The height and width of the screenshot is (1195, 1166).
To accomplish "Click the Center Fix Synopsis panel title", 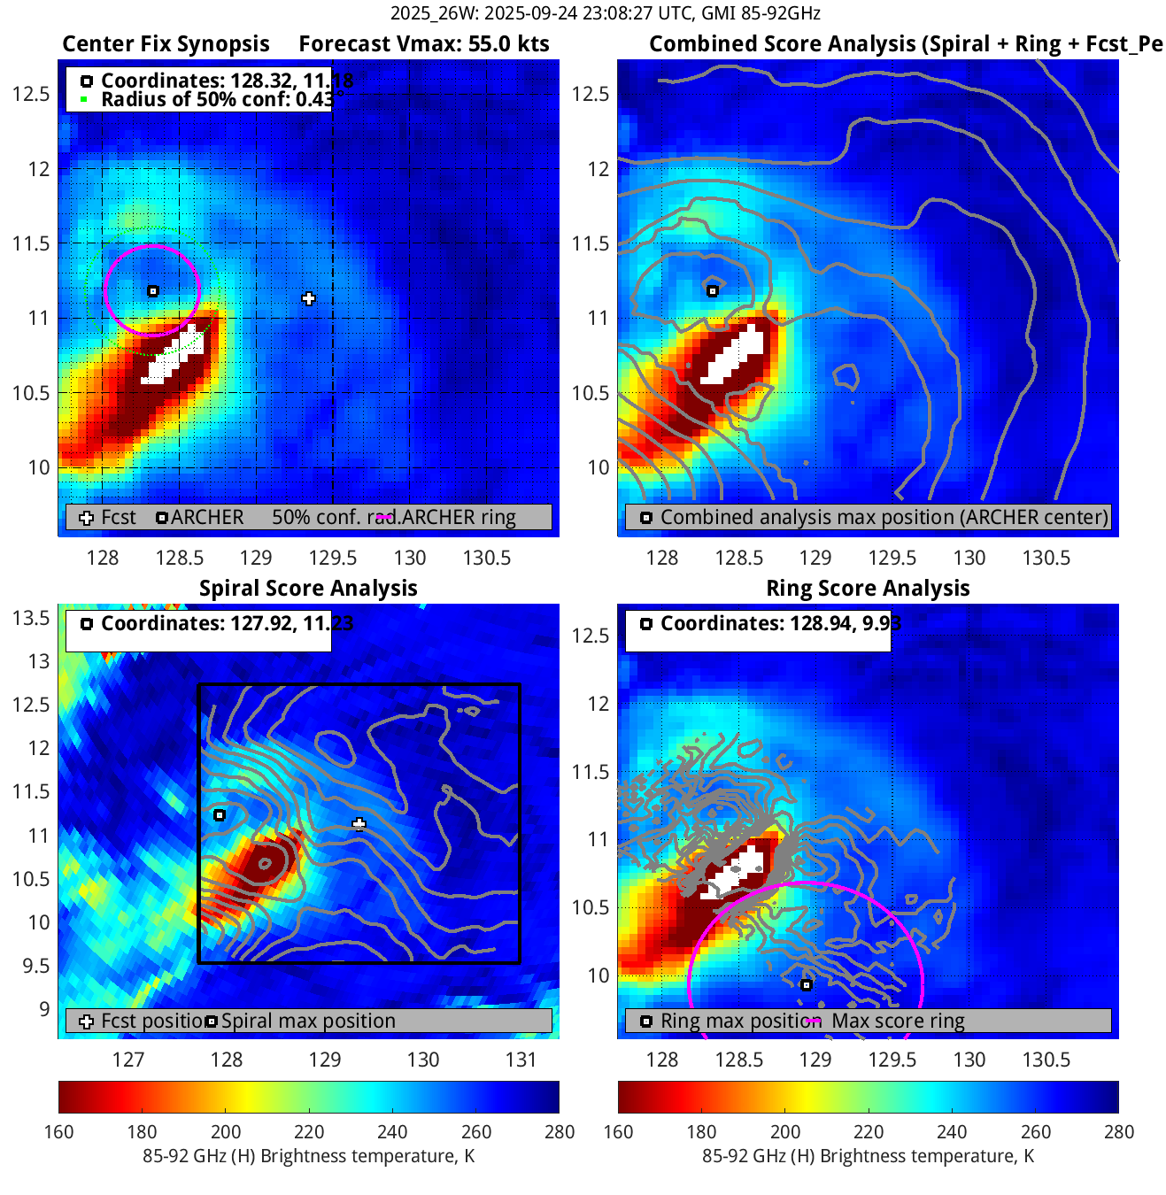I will (166, 44).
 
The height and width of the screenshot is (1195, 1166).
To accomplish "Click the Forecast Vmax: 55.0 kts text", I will (423, 44).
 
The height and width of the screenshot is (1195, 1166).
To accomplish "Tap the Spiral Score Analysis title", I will (308, 589).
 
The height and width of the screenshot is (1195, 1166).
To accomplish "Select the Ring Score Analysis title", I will (868, 589).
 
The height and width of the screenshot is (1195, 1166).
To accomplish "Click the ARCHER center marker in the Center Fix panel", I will (153, 291).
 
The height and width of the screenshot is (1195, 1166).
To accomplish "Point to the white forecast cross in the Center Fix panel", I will (308, 299).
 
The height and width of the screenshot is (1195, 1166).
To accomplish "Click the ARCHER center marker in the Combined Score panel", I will (713, 291).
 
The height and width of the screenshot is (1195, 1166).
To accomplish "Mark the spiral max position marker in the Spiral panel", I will (220, 815).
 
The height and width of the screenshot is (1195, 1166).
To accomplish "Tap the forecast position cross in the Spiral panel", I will (359, 825).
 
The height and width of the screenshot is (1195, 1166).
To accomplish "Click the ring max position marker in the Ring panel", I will (806, 985).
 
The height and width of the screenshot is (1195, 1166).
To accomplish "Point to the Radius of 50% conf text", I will (216, 99).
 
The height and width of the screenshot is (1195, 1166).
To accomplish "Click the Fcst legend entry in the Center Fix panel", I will (109, 518).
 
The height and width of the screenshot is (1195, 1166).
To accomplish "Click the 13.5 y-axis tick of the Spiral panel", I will (32, 618).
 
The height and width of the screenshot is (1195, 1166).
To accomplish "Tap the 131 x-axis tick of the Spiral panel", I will (521, 1060).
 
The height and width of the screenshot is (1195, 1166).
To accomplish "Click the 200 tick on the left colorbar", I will (226, 1132).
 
